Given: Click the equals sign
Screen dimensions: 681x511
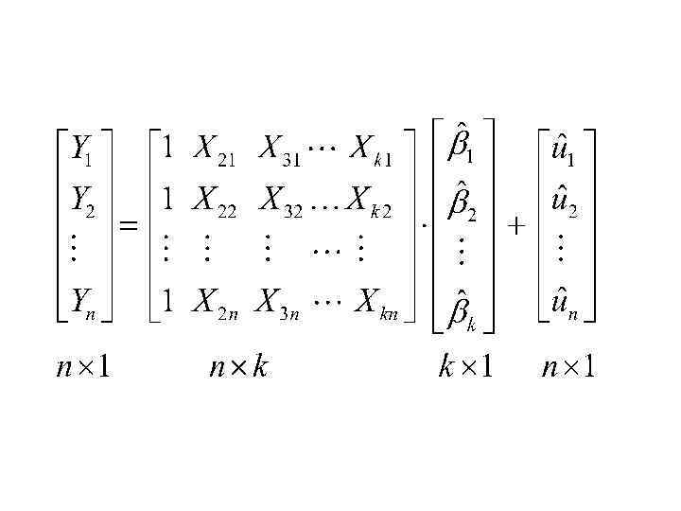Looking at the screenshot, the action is (128, 227).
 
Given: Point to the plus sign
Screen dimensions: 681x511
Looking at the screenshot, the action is (515, 227).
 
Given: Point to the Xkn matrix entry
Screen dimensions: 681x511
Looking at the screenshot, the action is (373, 302).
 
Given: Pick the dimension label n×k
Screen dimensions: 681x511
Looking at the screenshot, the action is (237, 366).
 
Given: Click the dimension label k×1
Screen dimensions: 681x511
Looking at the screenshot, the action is (464, 366).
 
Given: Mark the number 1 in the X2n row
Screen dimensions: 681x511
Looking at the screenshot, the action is (166, 302).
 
